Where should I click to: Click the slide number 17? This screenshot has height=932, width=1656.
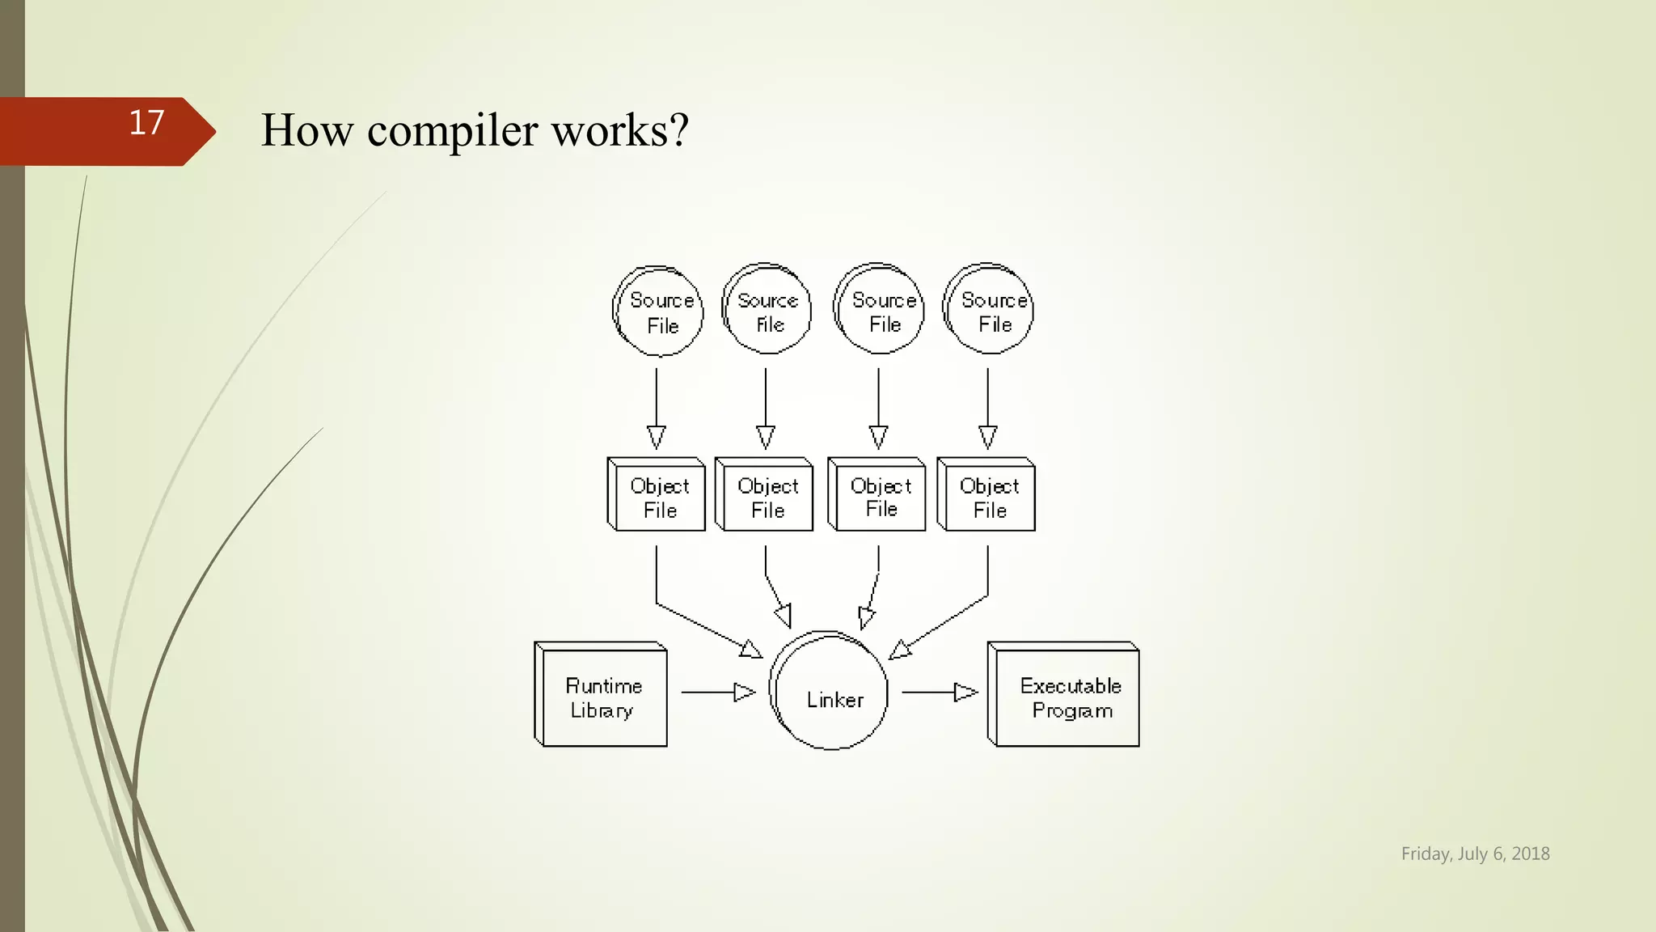pos(146,123)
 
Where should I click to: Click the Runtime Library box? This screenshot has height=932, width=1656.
pos(602,696)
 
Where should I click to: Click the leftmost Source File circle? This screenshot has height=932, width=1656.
pos(658,311)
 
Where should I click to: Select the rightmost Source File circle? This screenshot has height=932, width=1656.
pos(989,310)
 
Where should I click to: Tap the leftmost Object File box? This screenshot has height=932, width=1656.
pos(657,495)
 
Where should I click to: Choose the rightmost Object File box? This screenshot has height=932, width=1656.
pos(986,495)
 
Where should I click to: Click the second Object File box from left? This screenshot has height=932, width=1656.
pos(765,495)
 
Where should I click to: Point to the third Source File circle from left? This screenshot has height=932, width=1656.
pos(880,310)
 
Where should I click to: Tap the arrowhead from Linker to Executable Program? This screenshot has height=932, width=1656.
pos(965,693)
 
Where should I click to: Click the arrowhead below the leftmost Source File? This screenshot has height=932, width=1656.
pos(657,438)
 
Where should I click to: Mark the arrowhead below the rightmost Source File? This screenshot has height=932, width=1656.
pos(988,438)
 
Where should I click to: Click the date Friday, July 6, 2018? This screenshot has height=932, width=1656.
pos(1475,854)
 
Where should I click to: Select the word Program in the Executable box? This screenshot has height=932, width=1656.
pos(1072,711)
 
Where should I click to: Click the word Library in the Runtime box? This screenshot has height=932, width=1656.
pos(602,711)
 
